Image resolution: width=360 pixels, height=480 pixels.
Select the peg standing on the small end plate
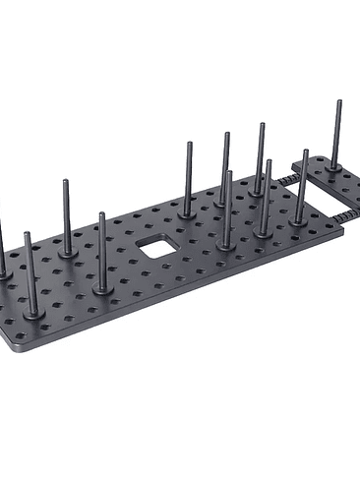336,138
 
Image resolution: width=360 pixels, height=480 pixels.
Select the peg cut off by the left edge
2,251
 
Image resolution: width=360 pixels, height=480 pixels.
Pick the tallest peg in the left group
66,216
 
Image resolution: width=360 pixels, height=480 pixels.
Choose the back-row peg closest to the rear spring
261,157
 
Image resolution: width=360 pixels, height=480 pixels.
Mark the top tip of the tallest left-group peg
66,182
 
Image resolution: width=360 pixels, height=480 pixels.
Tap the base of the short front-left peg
32,312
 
